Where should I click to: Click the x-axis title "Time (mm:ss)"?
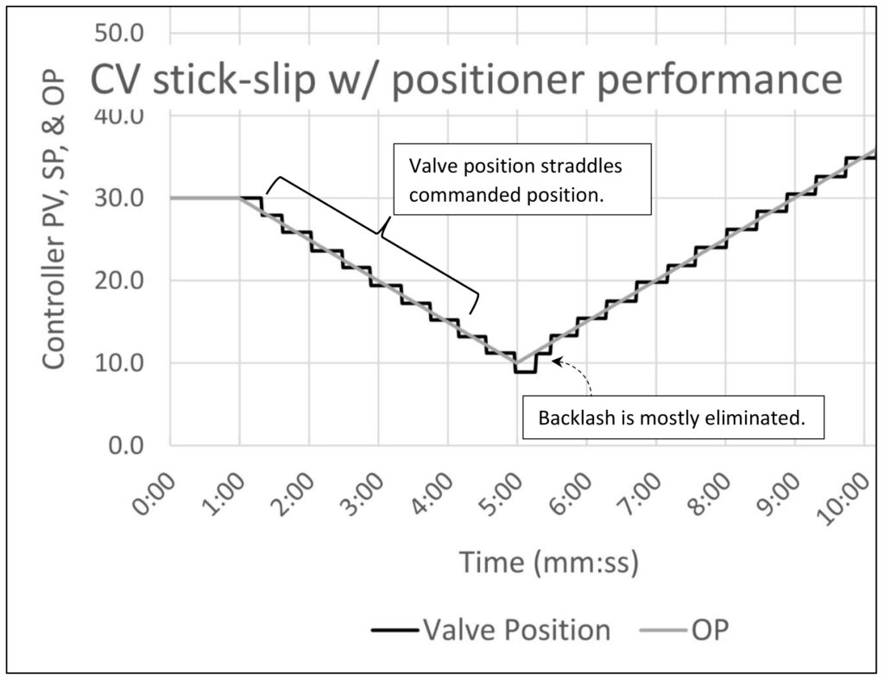[x=549, y=563]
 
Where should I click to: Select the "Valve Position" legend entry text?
[x=515, y=629]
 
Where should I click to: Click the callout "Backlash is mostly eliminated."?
[x=672, y=419]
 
